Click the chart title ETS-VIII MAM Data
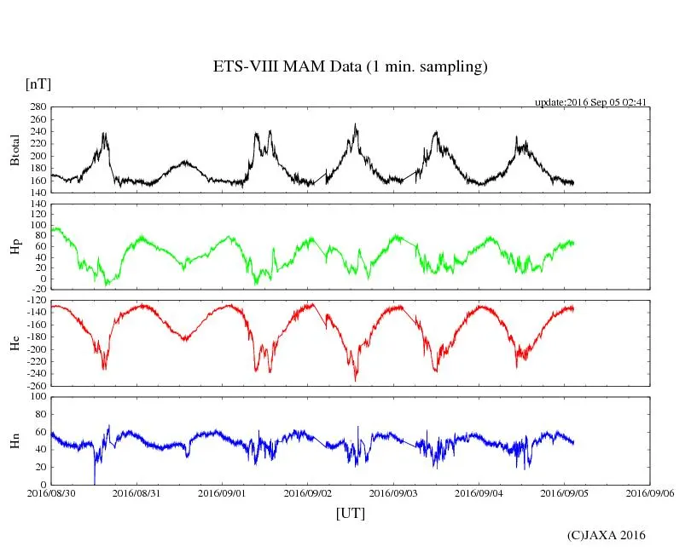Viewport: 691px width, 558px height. pos(350,67)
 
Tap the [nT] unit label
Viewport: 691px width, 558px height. pos(38,84)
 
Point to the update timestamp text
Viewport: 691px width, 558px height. pos(591,101)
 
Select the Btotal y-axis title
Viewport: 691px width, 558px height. pos(15,150)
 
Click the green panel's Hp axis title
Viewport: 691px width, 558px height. pos(15,247)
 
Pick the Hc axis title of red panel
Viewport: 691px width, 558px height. pos(15,342)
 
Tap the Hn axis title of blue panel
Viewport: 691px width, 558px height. pos(15,440)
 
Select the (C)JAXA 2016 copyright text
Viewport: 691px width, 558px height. pos(607,535)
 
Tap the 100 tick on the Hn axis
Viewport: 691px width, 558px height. pos(38,397)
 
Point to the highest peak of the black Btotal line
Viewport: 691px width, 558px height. pos(356,124)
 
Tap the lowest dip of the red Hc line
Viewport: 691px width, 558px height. pos(356,380)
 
